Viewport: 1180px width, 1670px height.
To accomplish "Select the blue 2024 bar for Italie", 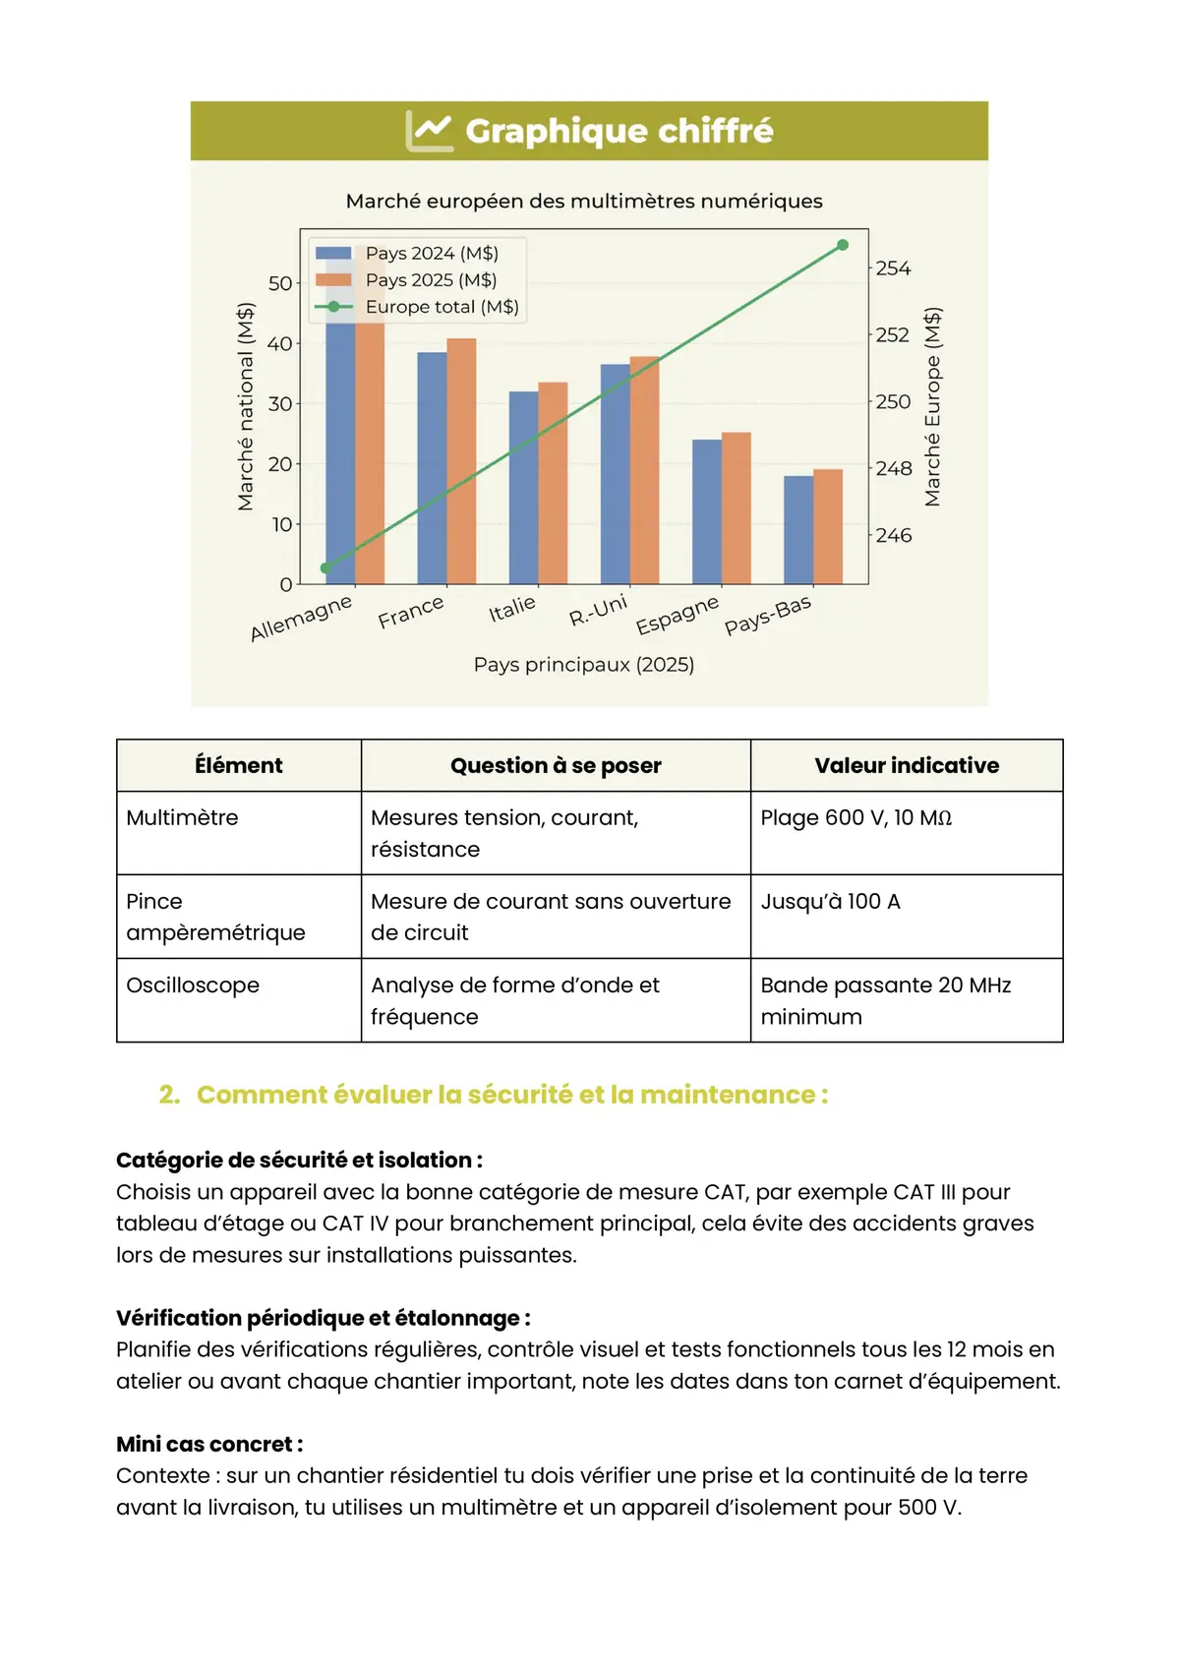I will pyautogui.click(x=524, y=487).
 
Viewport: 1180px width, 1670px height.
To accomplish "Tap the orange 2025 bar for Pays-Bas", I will pyautogui.click(x=828, y=526).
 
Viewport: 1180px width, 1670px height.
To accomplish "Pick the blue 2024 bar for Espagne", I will pyautogui.click(x=707, y=511).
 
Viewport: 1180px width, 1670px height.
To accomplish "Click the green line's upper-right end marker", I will pyautogui.click(x=843, y=245).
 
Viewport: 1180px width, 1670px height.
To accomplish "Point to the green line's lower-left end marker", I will pyautogui.click(x=326, y=568).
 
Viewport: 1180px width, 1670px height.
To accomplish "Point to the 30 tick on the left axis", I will pyautogui.click(x=280, y=404).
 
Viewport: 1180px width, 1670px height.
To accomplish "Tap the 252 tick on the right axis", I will pyautogui.click(x=893, y=335).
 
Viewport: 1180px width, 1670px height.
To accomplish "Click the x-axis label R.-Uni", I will pyautogui.click(x=598, y=611).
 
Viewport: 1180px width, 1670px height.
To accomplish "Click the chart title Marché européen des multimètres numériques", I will pyautogui.click(x=584, y=202).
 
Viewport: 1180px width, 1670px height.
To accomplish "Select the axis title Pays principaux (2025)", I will pyautogui.click(x=584, y=665).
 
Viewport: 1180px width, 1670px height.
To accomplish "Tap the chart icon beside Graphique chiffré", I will pyautogui.click(x=430, y=131).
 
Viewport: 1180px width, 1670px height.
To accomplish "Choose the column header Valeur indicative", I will pyautogui.click(x=907, y=765).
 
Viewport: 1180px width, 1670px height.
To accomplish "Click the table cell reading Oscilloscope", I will pyautogui.click(x=193, y=985).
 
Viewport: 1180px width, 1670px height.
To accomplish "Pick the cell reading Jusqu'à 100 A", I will pyautogui.click(x=831, y=902).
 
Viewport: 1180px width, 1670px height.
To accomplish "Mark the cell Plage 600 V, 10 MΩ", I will pyautogui.click(x=855, y=818).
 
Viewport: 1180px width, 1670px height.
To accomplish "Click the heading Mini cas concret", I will pyautogui.click(x=209, y=1444).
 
